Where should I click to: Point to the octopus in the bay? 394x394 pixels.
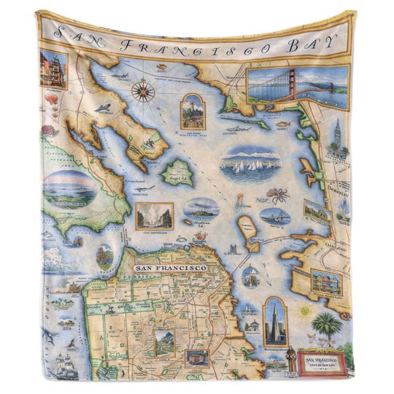[277, 195]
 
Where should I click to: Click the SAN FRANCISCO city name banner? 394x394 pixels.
[170, 269]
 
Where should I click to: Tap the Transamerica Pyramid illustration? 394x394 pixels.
[275, 320]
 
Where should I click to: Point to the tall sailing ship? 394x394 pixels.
[64, 365]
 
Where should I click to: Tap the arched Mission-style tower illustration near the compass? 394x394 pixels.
[192, 111]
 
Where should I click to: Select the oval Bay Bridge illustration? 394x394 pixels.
[274, 216]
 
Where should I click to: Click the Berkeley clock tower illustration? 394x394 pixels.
[337, 138]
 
